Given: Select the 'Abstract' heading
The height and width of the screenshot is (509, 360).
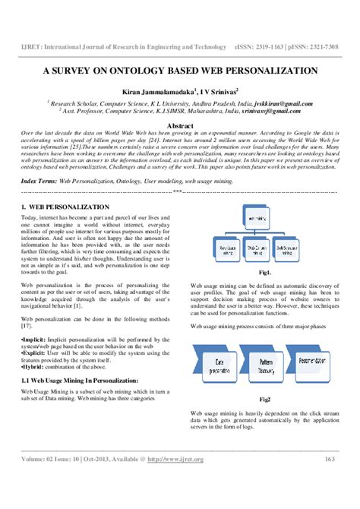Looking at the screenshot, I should (x=180, y=123).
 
